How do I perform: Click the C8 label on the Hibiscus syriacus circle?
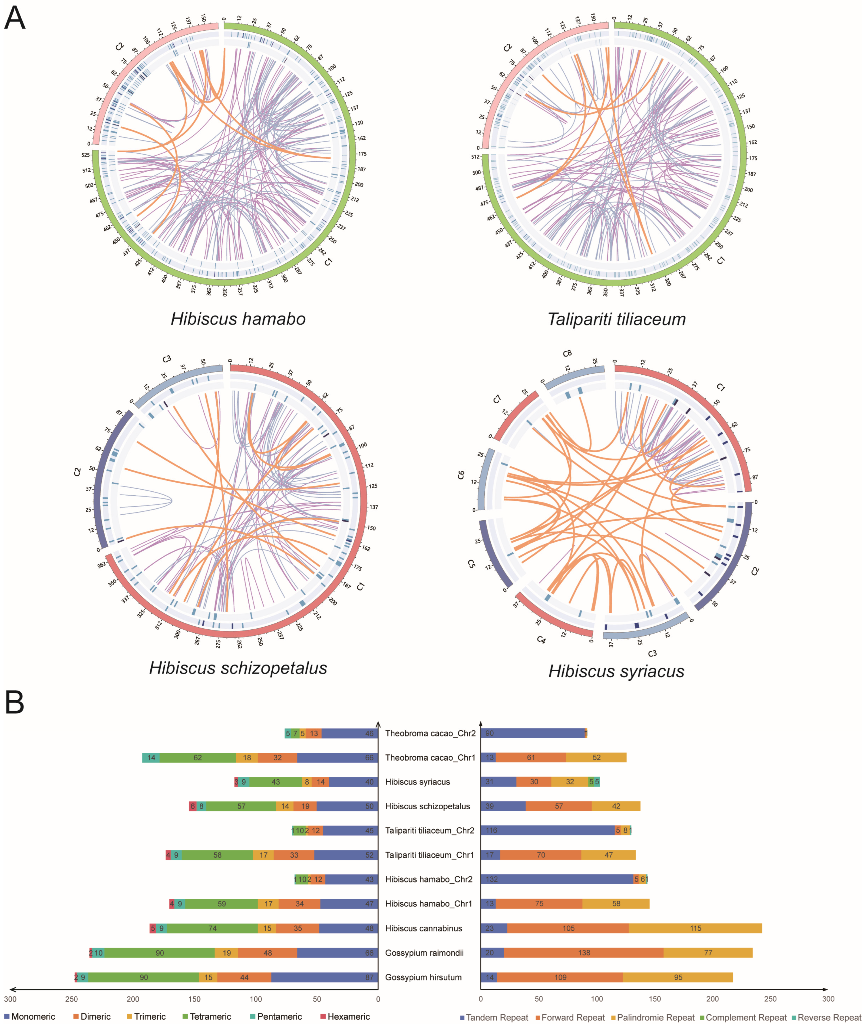tap(567, 353)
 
